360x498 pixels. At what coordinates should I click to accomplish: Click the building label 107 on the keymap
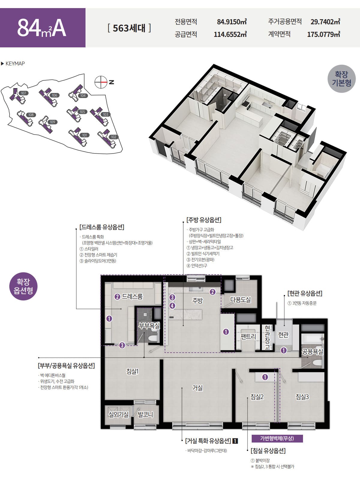(x=24, y=93)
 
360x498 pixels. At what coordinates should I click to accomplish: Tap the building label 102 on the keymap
(x=113, y=137)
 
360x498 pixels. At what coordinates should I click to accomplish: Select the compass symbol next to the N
(x=101, y=82)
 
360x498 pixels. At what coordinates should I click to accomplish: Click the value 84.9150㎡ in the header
(x=232, y=22)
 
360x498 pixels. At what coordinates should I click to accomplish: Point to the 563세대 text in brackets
(x=129, y=28)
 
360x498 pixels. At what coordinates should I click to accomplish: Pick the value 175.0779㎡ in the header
(x=324, y=34)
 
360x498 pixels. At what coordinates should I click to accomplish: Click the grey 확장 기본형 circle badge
(x=341, y=79)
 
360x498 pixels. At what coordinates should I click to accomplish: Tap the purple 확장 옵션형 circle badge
(x=23, y=286)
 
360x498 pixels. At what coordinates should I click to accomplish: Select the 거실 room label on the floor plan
(x=197, y=388)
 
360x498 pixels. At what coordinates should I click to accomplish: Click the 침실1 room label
(x=132, y=371)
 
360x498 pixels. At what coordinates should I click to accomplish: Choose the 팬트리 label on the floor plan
(x=248, y=337)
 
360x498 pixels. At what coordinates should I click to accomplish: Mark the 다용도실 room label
(x=240, y=300)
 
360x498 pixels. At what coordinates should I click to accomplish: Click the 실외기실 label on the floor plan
(x=118, y=414)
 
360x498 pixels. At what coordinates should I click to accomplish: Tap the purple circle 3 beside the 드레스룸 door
(x=122, y=345)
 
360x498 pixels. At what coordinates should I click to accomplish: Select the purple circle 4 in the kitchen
(x=172, y=306)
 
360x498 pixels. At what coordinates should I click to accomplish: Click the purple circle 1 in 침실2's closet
(x=265, y=377)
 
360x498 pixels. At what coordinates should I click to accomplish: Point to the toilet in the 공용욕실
(x=317, y=362)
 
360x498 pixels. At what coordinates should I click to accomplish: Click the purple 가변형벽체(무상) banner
(x=277, y=438)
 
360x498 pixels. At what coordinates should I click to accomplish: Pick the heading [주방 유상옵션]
(x=204, y=220)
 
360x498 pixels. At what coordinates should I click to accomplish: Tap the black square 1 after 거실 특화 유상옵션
(x=235, y=441)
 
